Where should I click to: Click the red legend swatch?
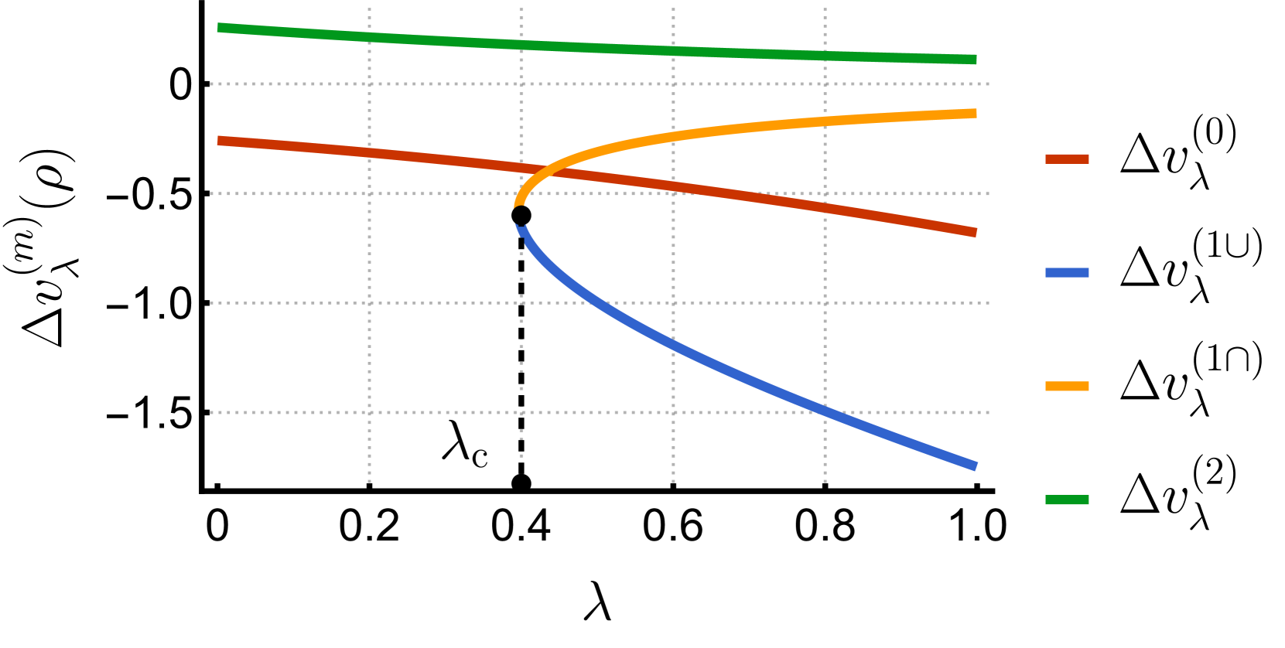(1067, 159)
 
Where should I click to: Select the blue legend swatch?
(1067, 272)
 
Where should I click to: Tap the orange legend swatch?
(1067, 386)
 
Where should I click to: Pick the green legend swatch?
(1067, 500)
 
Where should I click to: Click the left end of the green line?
(219, 27)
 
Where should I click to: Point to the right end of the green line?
(976, 60)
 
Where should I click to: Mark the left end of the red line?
(219, 140)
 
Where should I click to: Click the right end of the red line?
(976, 232)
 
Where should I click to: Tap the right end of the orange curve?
(976, 113)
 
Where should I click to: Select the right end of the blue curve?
(976, 466)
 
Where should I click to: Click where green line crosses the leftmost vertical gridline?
(369, 36)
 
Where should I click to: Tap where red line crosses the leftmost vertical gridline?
(369, 152)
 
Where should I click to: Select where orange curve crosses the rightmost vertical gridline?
(825, 121)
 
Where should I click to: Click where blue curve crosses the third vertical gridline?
(673, 344)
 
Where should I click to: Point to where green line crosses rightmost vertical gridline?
(825, 56)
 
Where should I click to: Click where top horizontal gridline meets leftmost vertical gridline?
(369, 84)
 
